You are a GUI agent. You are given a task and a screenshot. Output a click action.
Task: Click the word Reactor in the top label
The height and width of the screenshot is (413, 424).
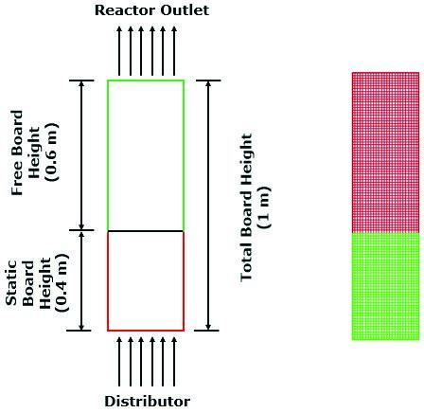pos(126,10)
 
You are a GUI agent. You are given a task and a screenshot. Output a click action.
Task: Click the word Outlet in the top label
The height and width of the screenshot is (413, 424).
pos(185,10)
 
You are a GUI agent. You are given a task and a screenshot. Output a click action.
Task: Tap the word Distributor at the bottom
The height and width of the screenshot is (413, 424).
pos(148,402)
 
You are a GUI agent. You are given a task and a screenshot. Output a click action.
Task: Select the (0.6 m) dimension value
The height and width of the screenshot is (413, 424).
pos(52,152)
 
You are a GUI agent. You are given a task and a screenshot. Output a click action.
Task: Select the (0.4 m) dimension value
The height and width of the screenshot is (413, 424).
pos(62,282)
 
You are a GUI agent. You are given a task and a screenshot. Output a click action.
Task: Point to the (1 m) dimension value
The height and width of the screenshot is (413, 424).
pos(264,206)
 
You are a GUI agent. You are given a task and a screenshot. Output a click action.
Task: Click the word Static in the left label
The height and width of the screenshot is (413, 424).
pos(11,282)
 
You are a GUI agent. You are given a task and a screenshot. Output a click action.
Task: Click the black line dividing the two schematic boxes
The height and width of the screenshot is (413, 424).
pos(146,231)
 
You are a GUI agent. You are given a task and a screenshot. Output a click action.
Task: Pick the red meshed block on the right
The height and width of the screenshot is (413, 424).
pos(385,153)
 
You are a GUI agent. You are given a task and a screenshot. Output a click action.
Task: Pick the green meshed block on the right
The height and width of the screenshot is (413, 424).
pos(385,286)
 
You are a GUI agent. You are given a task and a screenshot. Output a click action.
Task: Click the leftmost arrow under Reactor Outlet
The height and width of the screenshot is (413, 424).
pos(119,51)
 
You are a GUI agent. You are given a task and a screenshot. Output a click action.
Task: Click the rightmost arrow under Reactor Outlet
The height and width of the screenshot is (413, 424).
pos(174,51)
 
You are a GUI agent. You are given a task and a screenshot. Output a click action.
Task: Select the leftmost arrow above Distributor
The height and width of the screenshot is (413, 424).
pos(119,362)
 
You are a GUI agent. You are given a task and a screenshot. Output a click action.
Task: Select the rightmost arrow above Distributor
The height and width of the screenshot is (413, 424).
pos(174,362)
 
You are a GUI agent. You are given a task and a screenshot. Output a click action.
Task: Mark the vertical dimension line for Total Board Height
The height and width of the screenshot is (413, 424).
pos(208,206)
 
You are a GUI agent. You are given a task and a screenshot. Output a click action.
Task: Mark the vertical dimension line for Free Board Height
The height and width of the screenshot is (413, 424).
pos(81,155)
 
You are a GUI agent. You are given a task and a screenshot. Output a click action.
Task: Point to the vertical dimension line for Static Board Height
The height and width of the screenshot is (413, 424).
pos(81,280)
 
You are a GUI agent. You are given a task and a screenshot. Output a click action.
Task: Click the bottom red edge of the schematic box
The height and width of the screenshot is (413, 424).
pos(146,331)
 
